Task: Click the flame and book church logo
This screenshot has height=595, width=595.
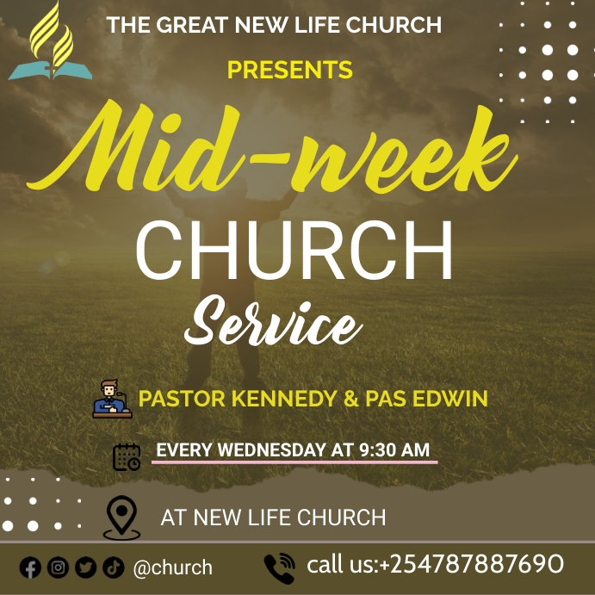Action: pyautogui.click(x=50, y=43)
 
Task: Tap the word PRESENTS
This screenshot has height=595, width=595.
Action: pyautogui.click(x=289, y=70)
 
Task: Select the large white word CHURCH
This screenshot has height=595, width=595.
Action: pyautogui.click(x=294, y=251)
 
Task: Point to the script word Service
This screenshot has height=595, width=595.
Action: pyautogui.click(x=272, y=324)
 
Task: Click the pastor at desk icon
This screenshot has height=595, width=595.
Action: pyautogui.click(x=111, y=399)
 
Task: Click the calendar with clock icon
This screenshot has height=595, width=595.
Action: pyautogui.click(x=127, y=456)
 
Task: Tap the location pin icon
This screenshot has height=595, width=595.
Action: pyautogui.click(x=121, y=518)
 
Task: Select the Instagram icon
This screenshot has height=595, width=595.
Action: pyautogui.click(x=58, y=567)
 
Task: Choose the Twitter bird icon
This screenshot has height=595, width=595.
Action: pyautogui.click(x=85, y=567)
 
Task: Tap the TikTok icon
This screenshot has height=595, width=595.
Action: pyautogui.click(x=113, y=567)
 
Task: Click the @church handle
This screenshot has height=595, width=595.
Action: pyautogui.click(x=173, y=567)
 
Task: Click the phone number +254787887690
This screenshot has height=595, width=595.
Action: pyautogui.click(x=471, y=565)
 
